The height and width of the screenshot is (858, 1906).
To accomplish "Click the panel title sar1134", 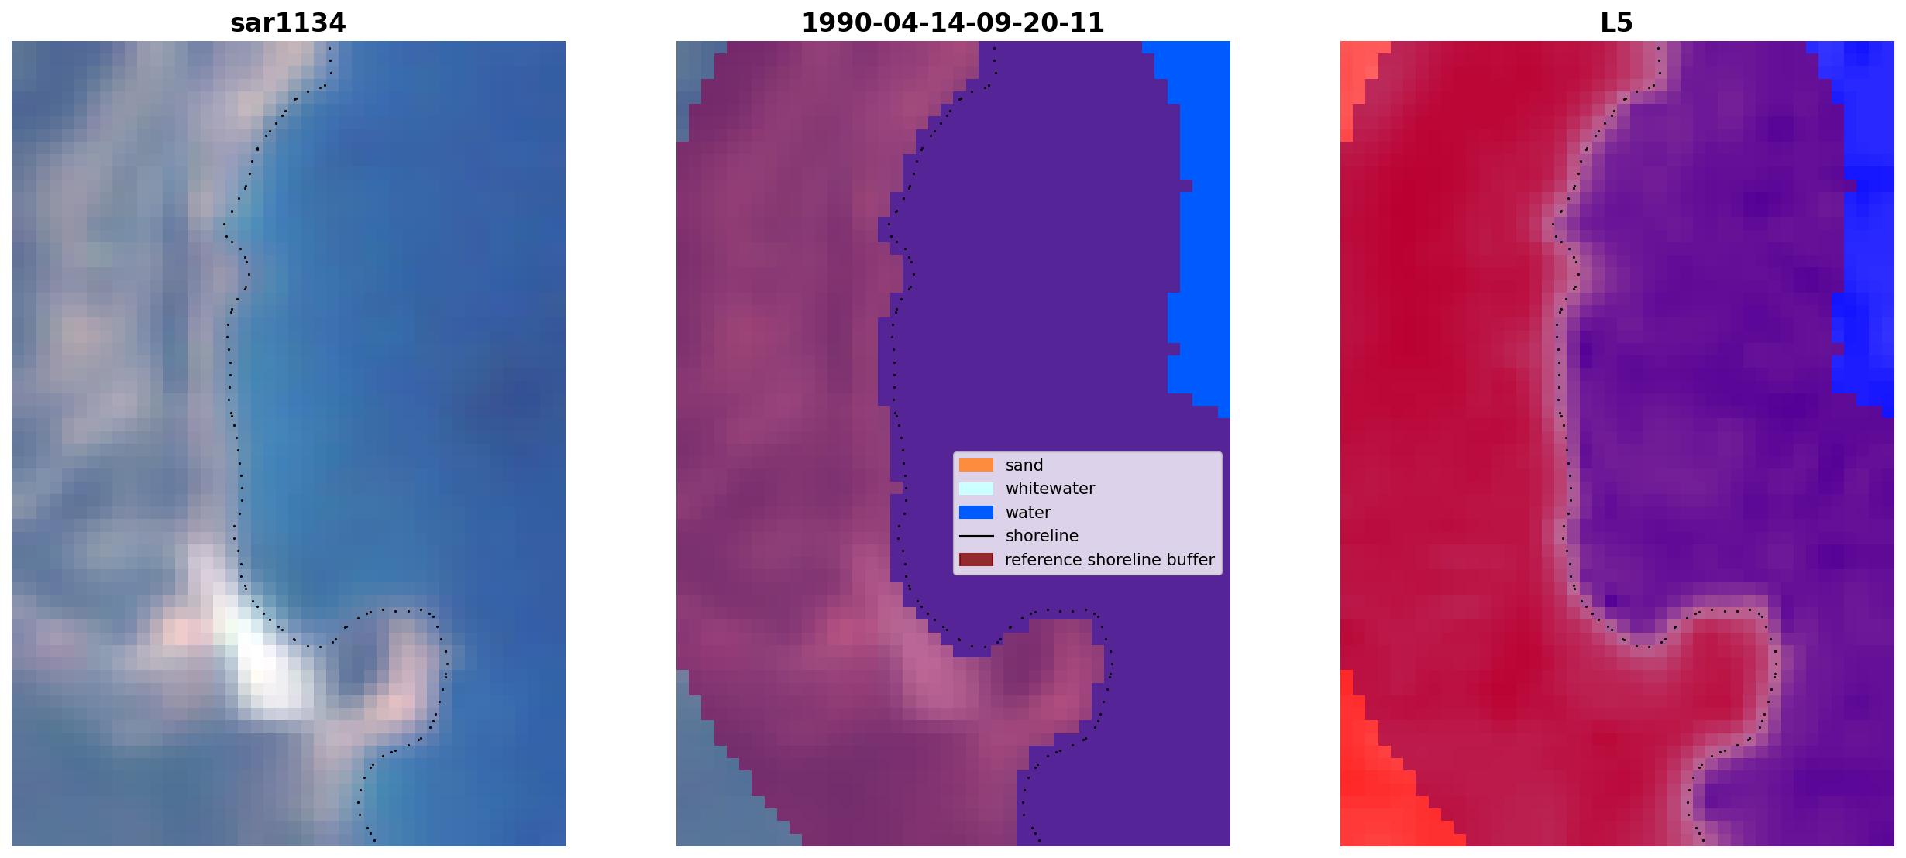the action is tap(287, 22).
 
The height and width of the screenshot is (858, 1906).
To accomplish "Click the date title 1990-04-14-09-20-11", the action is tap(952, 22).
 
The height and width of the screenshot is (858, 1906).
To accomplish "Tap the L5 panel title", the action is tap(1616, 22).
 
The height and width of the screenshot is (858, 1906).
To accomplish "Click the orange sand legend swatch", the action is tap(975, 465).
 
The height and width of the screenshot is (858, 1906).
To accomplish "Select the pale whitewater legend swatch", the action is tap(975, 489).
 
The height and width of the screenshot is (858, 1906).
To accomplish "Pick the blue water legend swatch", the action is tap(975, 512).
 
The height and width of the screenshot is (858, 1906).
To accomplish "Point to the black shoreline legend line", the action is tap(975, 536).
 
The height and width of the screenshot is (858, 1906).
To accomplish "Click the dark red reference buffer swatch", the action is tap(975, 559).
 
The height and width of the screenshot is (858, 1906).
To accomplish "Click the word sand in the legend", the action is tap(1024, 465).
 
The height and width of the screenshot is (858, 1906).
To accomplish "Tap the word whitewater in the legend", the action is tap(1050, 489).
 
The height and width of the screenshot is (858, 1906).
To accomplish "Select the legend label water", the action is tap(1028, 513).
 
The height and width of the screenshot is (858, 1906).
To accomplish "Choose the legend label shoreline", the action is tap(1042, 536).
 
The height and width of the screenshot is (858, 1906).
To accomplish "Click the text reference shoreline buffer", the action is tap(1110, 560).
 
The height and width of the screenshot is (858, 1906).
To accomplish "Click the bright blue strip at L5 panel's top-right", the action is tap(1863, 217).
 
